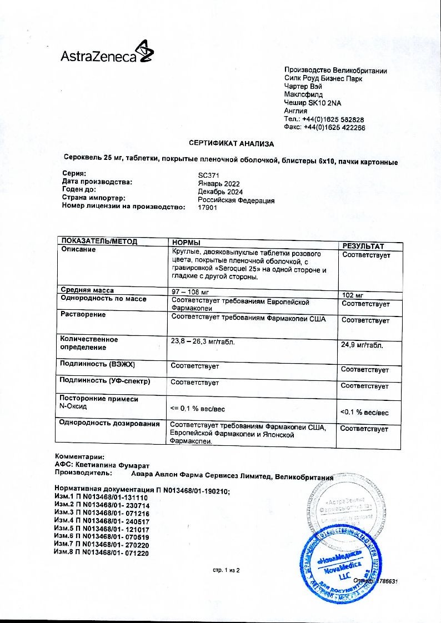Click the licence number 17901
207,208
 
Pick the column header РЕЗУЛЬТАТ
363,246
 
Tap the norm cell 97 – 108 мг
193,291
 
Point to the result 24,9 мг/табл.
362,345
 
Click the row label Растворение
83,315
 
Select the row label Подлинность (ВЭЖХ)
97,364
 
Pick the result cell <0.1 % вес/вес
364,413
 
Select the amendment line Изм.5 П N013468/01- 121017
102,530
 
